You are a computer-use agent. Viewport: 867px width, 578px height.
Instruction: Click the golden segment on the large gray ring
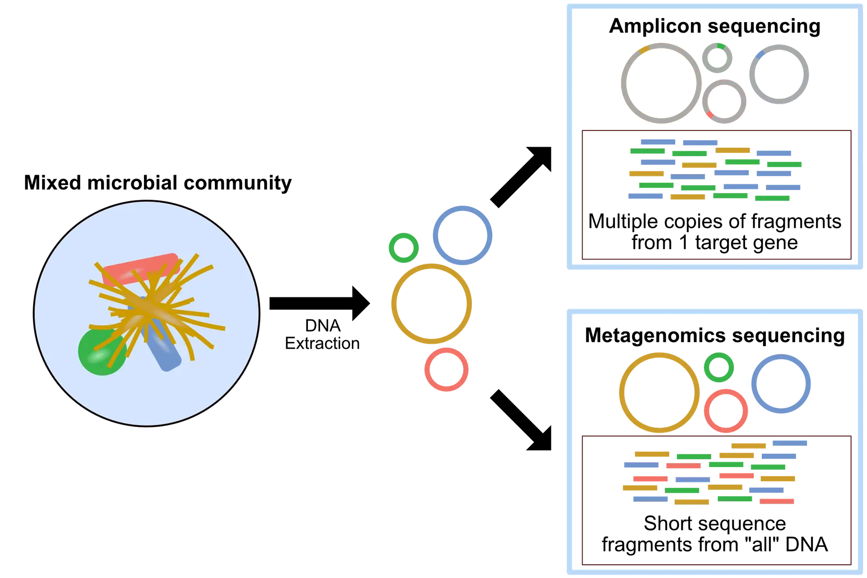coord(644,48)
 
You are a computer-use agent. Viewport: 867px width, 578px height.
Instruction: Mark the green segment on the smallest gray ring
coord(721,46)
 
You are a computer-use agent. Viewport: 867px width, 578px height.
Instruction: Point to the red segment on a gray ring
coord(709,115)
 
